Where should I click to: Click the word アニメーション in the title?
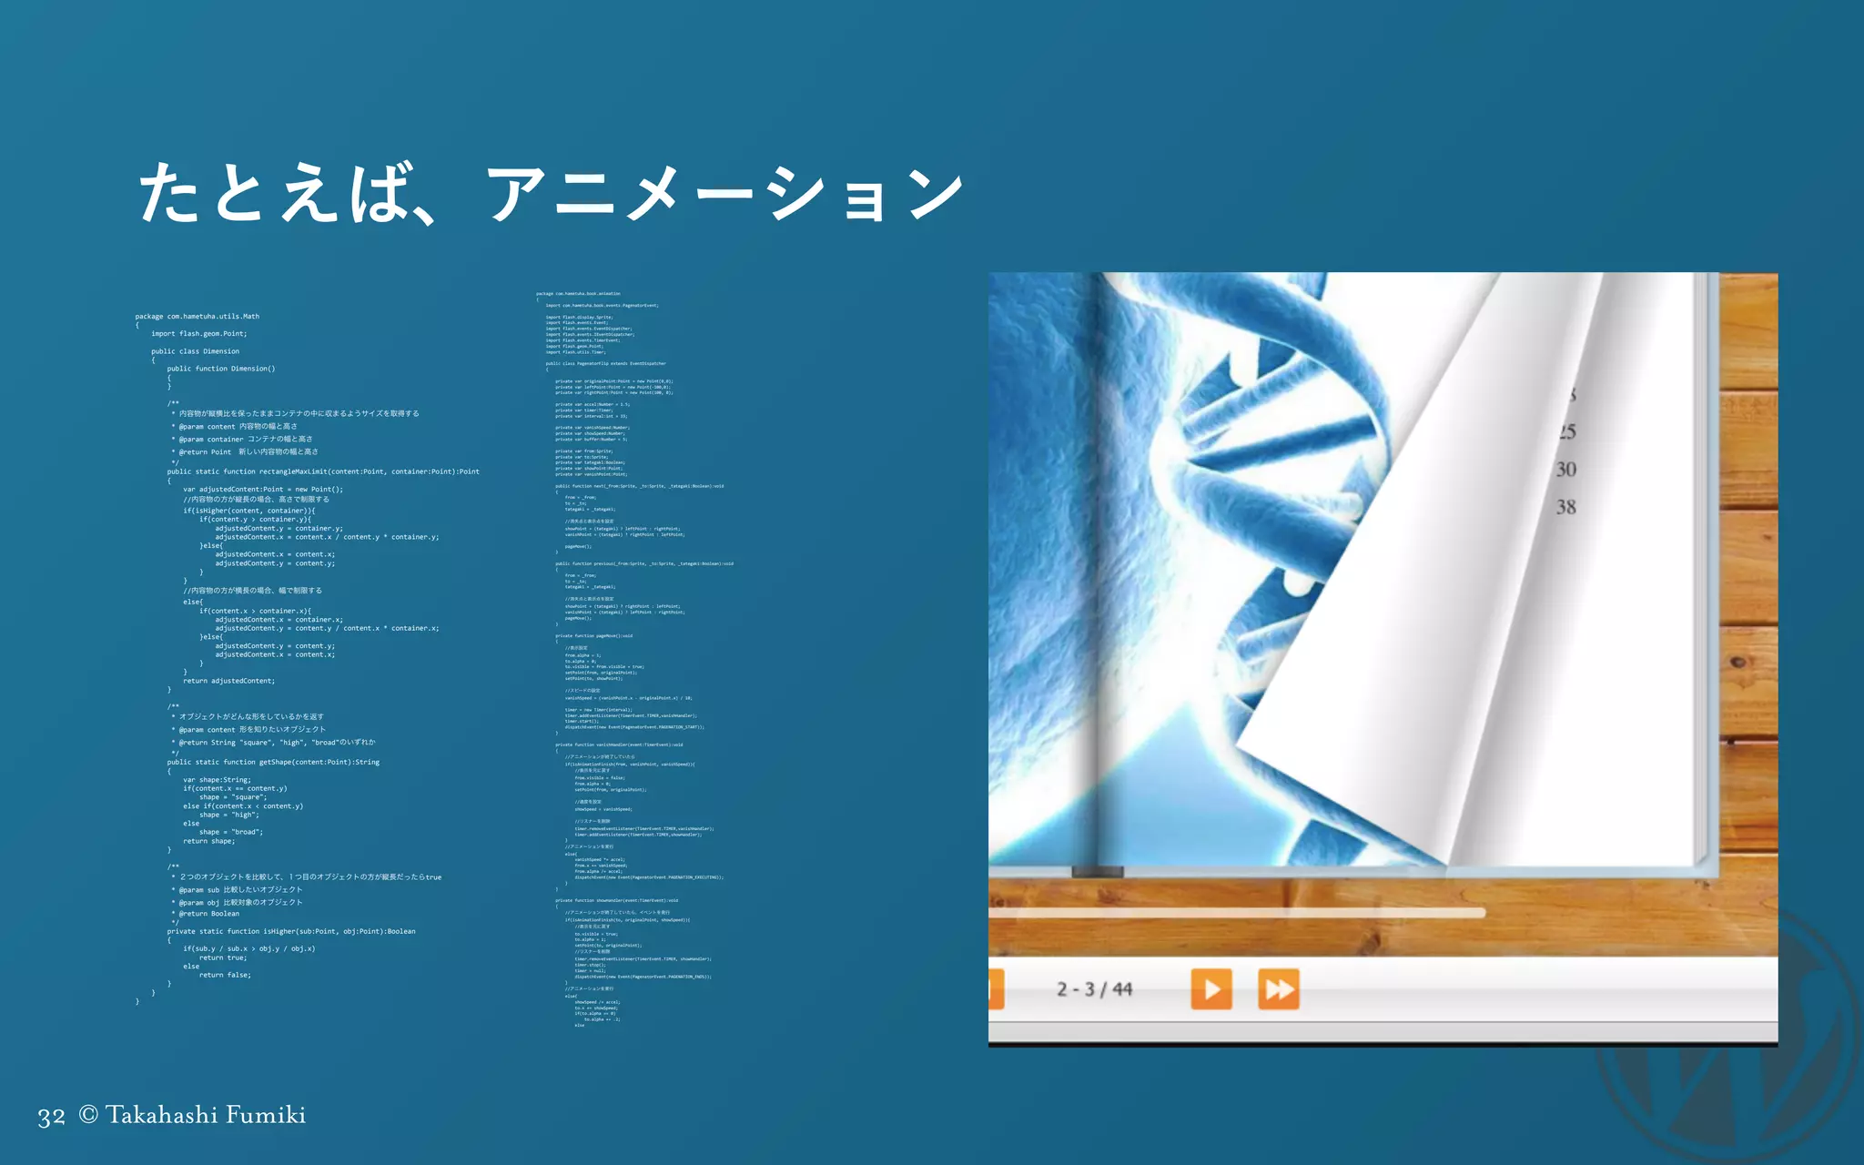pos(724,194)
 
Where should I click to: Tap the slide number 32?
pos(51,1117)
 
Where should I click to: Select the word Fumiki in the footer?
pos(266,1115)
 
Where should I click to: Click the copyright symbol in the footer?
pos(88,1115)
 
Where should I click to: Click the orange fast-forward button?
pos(1279,989)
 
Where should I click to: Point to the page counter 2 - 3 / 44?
pos(1094,989)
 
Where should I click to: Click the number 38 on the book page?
pos(1565,507)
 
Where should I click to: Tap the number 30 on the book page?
pos(1565,470)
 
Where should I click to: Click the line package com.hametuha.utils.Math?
pos(198,317)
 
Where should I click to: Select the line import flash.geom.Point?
pos(199,334)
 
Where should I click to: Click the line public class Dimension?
pos(195,351)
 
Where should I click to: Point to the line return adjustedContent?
pos(228,681)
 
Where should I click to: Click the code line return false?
pos(225,975)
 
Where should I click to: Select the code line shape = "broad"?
pos(231,832)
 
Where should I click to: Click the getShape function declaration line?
pos(273,762)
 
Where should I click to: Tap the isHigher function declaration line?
pos(291,931)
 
